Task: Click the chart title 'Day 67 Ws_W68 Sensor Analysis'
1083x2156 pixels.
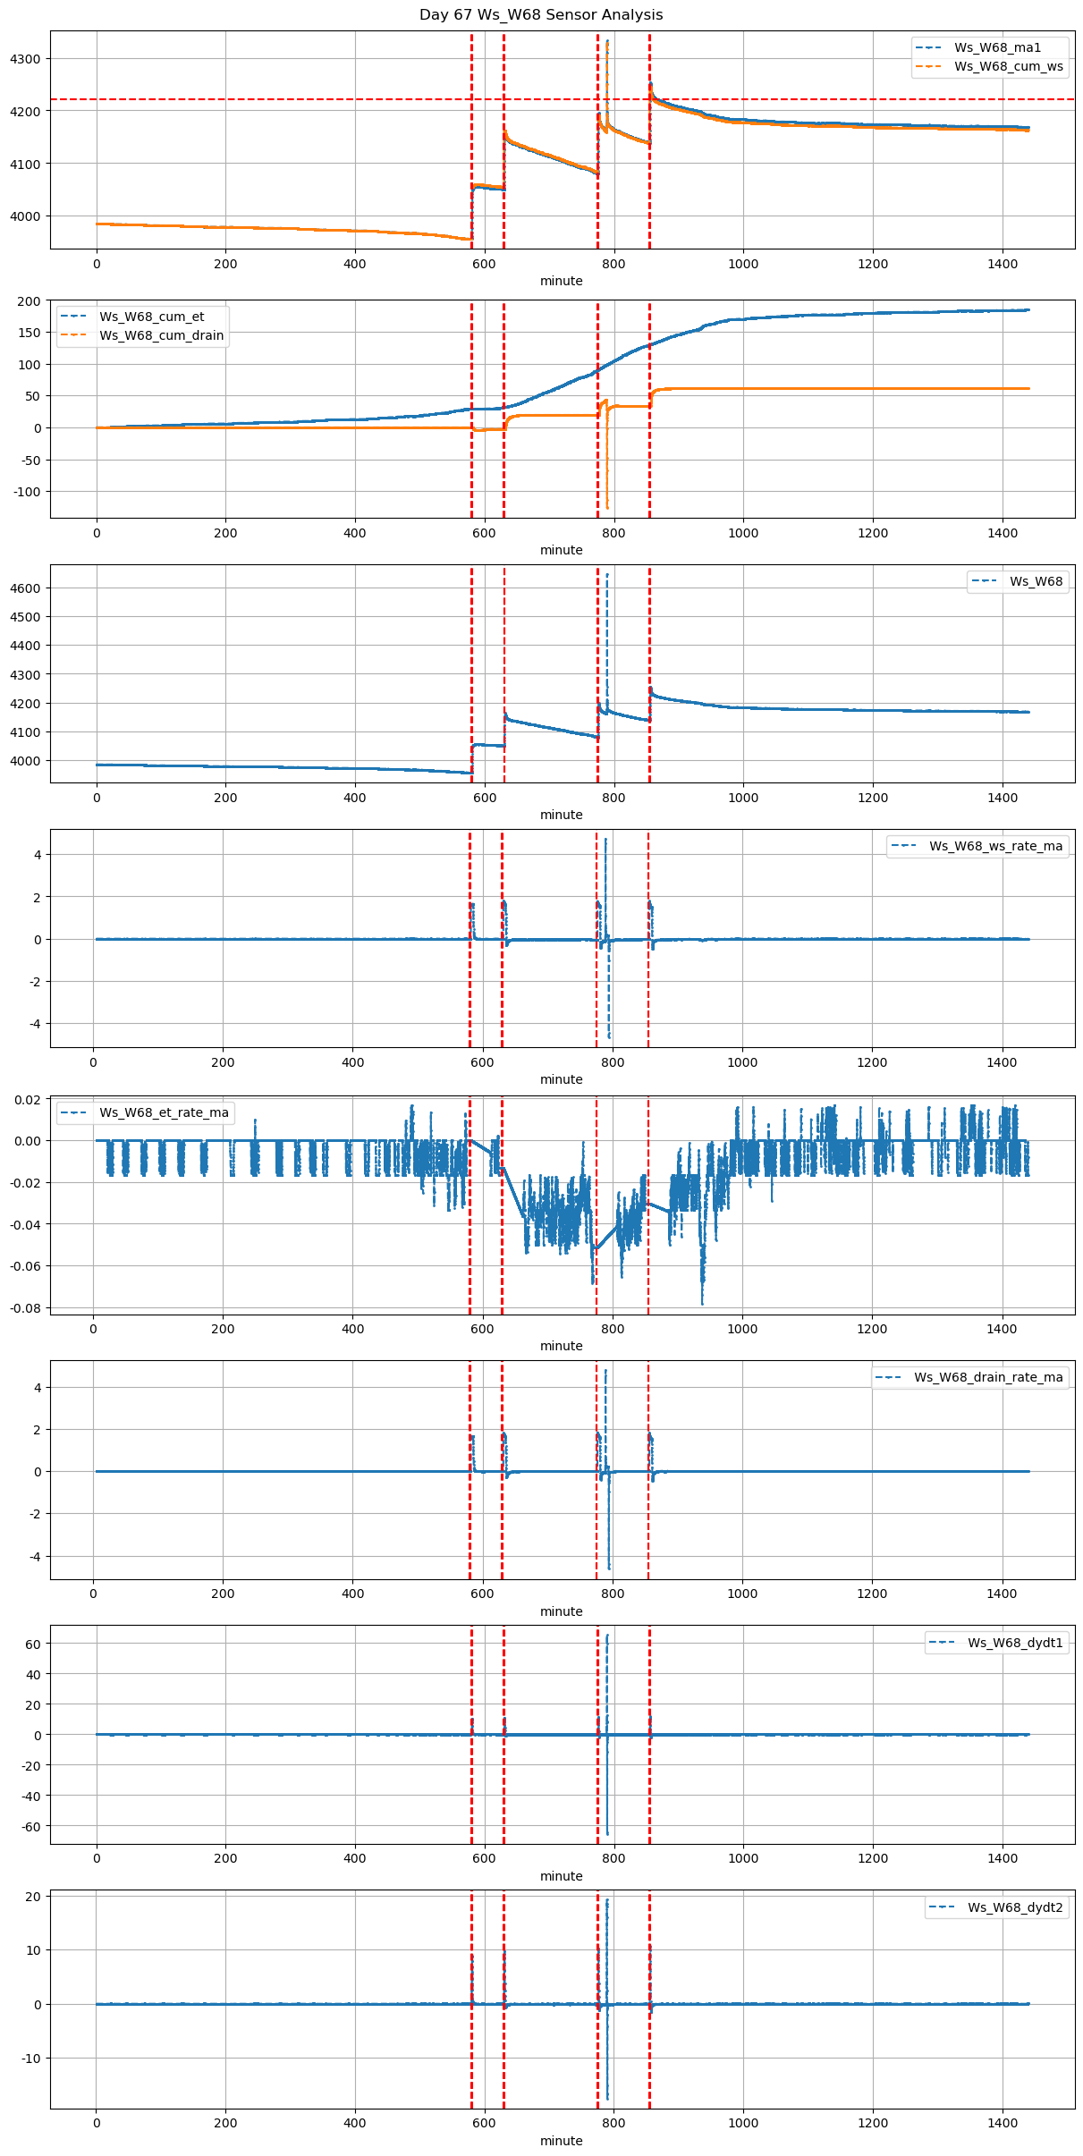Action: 541,15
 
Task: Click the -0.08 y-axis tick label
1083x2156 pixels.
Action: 24,1307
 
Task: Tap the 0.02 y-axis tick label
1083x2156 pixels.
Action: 27,1099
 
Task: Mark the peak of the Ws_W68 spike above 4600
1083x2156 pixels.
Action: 607,574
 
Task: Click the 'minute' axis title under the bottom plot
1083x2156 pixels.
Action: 562,2141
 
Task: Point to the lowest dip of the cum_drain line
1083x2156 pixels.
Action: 607,508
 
